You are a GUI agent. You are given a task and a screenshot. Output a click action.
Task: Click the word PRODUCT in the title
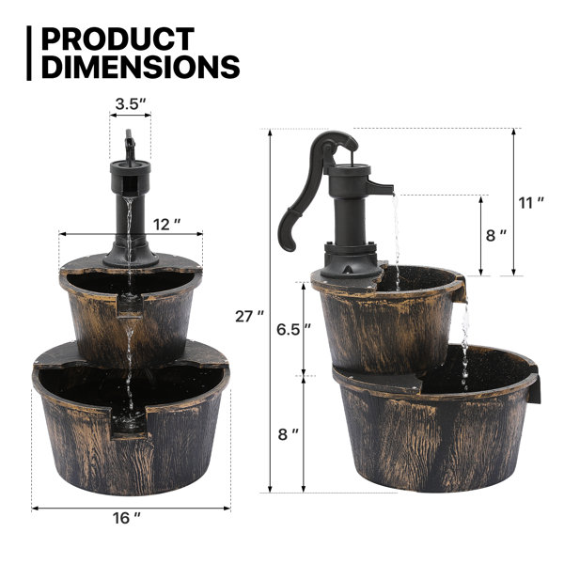[117, 39]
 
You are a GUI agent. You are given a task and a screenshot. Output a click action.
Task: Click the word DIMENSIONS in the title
[140, 67]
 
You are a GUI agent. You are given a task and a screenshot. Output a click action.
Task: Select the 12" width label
[165, 224]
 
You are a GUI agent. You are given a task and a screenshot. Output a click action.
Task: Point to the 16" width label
[130, 517]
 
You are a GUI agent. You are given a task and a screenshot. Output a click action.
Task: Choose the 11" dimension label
[531, 202]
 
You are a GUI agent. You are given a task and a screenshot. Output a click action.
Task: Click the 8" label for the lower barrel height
[288, 434]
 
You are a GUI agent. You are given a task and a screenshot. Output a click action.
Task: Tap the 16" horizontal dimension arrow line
[85, 507]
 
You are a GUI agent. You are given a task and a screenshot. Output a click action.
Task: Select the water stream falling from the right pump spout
[394, 235]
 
